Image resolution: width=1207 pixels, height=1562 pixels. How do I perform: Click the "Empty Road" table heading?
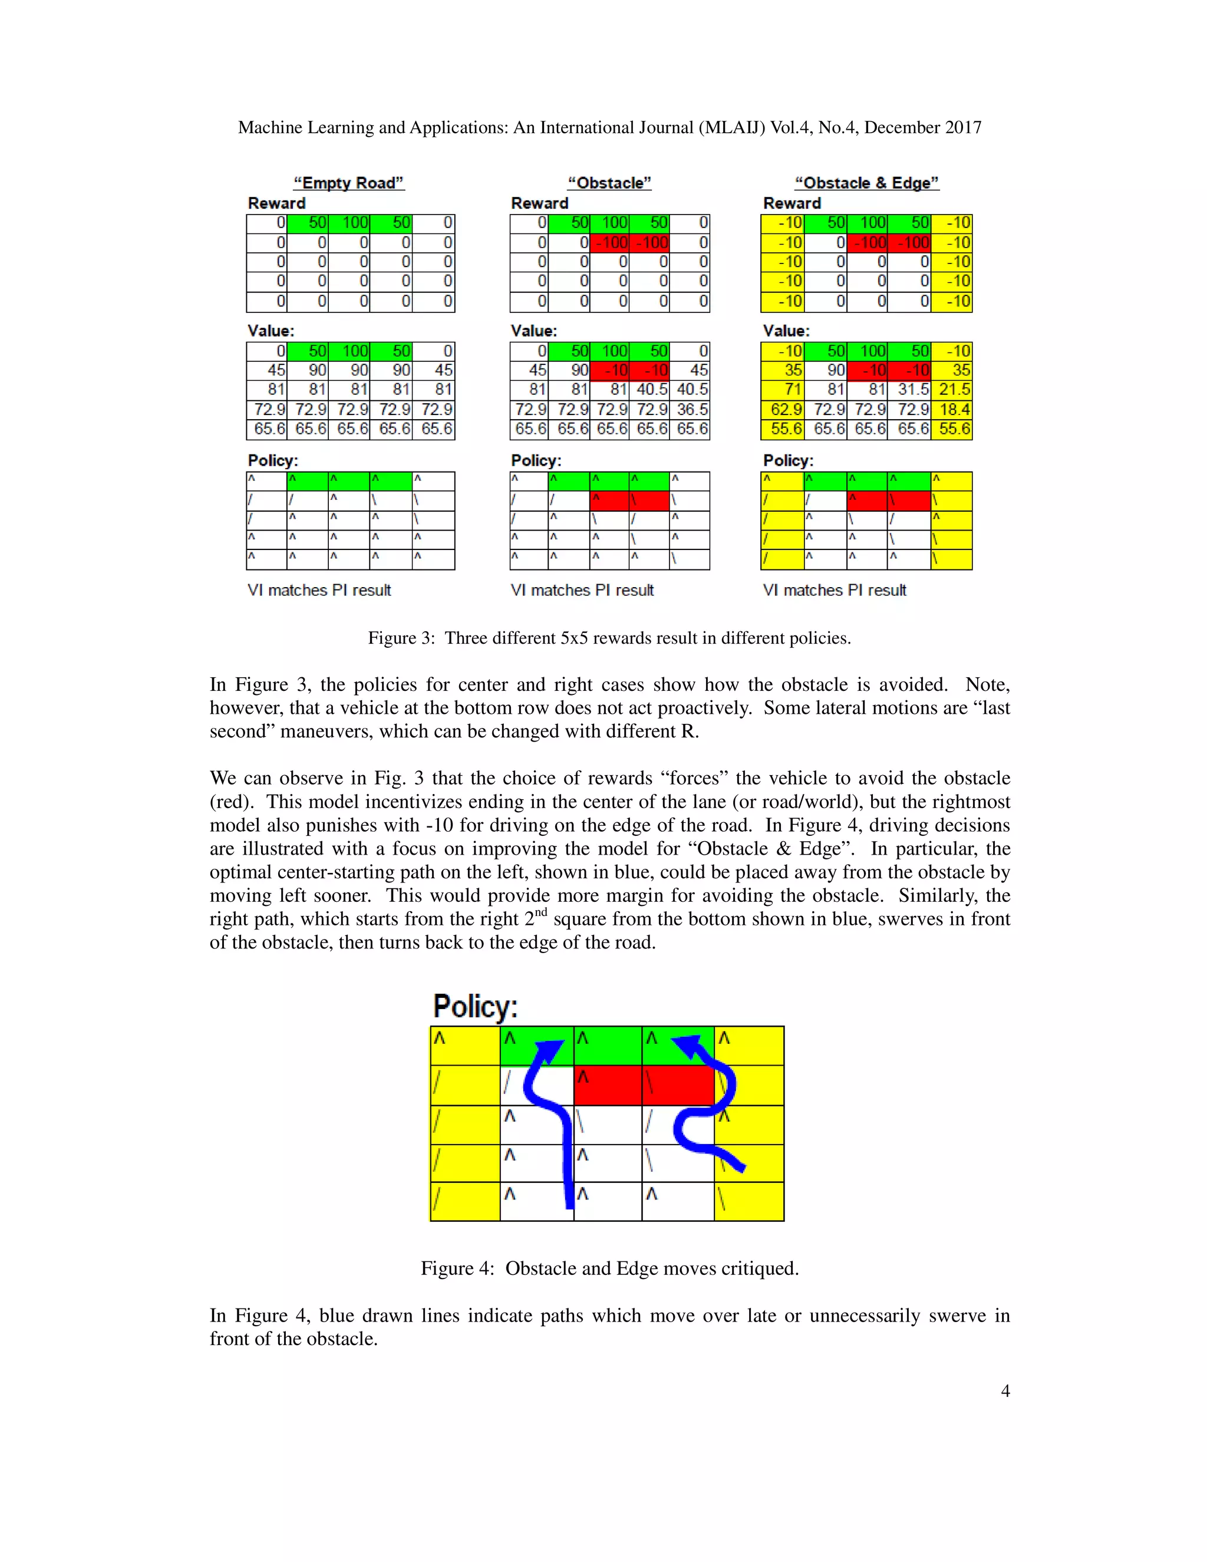(349, 183)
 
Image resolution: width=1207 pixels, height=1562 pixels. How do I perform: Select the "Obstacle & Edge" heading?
(866, 183)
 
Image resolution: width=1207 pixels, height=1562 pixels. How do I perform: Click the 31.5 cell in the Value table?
(909, 390)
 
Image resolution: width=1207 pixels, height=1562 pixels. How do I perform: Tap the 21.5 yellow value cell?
(952, 390)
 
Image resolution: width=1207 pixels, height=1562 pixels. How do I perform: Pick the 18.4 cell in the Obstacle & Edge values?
(952, 410)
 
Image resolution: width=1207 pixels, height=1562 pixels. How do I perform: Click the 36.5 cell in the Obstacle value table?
(691, 410)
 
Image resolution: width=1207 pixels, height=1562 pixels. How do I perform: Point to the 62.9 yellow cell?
(783, 410)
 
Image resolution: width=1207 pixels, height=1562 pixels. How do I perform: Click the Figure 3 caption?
(609, 638)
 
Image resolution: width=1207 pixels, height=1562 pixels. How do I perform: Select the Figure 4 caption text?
(609, 1268)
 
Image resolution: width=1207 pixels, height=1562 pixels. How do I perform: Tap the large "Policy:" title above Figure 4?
(476, 1006)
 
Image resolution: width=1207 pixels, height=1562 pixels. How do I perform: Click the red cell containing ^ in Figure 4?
(608, 1086)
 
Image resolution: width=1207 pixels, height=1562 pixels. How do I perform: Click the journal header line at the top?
(609, 127)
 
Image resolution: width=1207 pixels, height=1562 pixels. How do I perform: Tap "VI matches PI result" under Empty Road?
(319, 591)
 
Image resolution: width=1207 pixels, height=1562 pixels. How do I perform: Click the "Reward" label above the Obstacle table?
(539, 203)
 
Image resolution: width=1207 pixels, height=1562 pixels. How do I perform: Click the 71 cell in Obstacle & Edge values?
(783, 390)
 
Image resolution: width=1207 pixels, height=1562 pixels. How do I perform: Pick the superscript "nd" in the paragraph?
(541, 912)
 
